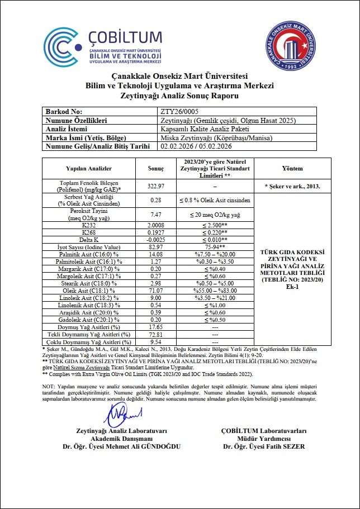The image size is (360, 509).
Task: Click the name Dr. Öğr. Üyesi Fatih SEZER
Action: point(264,446)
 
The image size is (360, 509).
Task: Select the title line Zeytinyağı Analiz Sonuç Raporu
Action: point(179,96)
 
